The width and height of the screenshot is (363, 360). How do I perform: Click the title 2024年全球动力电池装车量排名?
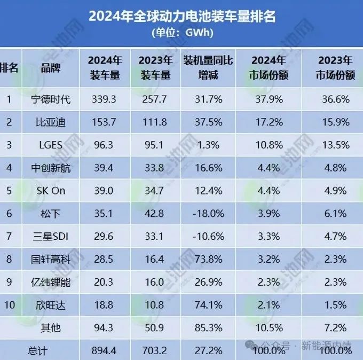[x=181, y=17]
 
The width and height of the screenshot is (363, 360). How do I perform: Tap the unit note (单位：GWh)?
[x=181, y=33]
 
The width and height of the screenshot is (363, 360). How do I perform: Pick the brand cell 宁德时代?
[x=51, y=99]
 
